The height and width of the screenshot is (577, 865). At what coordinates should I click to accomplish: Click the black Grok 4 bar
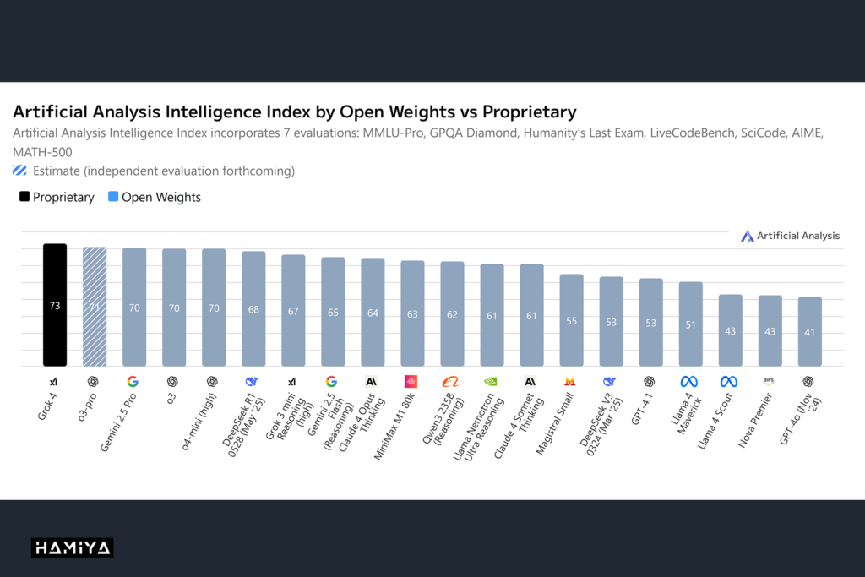point(55,305)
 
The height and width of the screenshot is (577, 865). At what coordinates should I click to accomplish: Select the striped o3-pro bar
point(94,307)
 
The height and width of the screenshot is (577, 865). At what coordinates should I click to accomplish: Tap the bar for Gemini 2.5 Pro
point(133,308)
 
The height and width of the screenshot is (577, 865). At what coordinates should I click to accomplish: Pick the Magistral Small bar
point(571,320)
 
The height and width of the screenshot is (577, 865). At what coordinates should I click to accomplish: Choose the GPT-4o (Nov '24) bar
point(809,331)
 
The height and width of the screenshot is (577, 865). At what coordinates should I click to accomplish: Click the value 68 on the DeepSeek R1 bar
point(253,309)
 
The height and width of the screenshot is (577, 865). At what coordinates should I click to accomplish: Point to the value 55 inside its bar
point(571,322)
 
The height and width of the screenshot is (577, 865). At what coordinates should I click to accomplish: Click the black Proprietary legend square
point(24,198)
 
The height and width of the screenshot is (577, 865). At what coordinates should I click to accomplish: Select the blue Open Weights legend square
point(113,198)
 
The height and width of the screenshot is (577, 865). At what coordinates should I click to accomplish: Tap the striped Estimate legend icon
point(19,171)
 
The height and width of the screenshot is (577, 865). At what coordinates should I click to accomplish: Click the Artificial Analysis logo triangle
point(747,237)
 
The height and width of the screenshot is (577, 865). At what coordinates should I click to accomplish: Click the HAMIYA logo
point(73,548)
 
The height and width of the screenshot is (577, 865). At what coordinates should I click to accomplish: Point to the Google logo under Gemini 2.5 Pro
point(133,382)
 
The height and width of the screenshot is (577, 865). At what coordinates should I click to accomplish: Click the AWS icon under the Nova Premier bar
point(769,382)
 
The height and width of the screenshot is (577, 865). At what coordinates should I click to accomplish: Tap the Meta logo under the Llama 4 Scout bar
point(729,382)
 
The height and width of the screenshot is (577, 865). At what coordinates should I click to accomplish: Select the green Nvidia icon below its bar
point(491,382)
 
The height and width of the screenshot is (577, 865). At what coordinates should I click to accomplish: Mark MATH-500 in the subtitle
point(43,152)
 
